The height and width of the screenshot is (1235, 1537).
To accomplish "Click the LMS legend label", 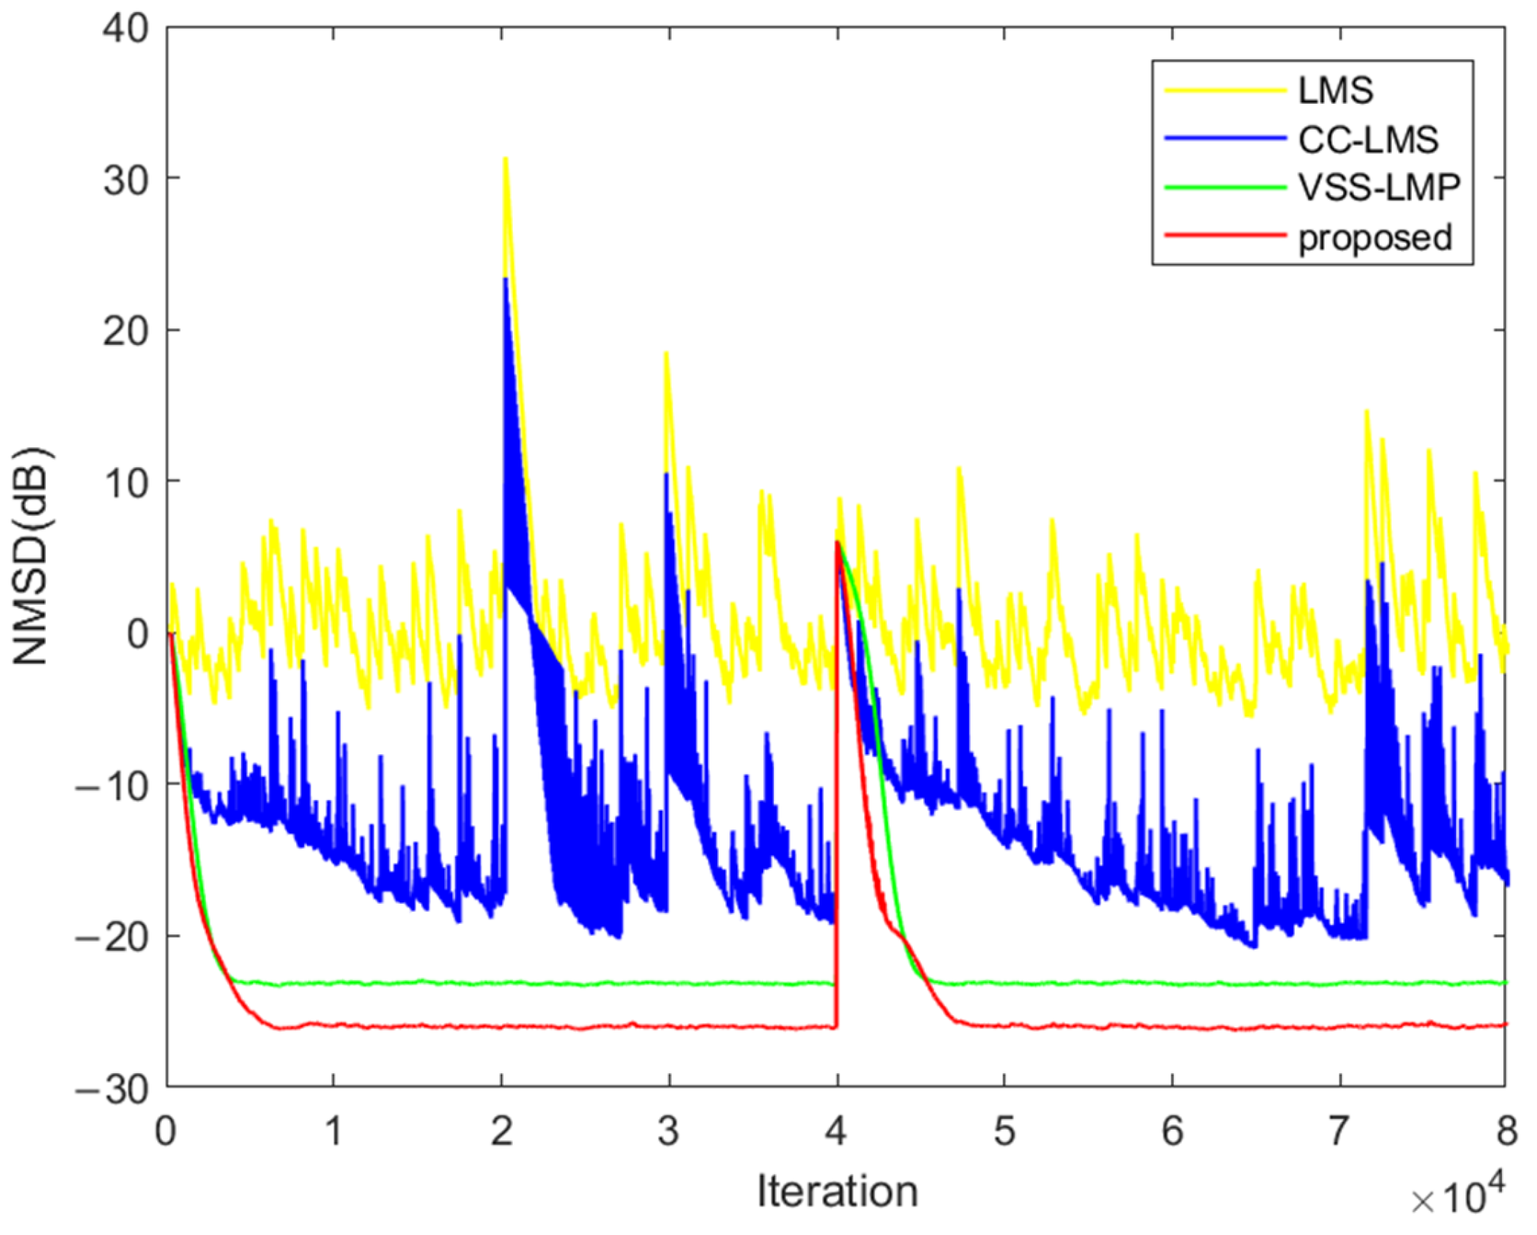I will (x=1336, y=92).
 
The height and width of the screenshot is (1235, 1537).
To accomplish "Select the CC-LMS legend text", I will (x=1367, y=140).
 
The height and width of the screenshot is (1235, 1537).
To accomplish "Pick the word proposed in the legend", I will (x=1375, y=237).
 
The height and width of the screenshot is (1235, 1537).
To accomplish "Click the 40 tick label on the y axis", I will (x=126, y=29).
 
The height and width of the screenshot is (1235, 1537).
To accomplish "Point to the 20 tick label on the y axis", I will (x=126, y=331).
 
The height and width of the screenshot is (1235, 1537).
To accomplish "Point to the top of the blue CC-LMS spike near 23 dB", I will (x=505, y=279).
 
